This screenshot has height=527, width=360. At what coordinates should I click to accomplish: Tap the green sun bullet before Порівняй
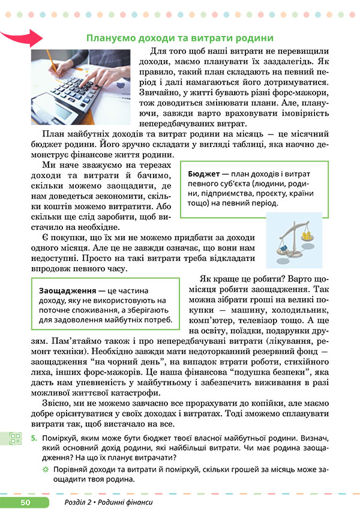[x=44, y=470]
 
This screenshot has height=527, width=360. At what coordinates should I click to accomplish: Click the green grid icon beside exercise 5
[x=15, y=438]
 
